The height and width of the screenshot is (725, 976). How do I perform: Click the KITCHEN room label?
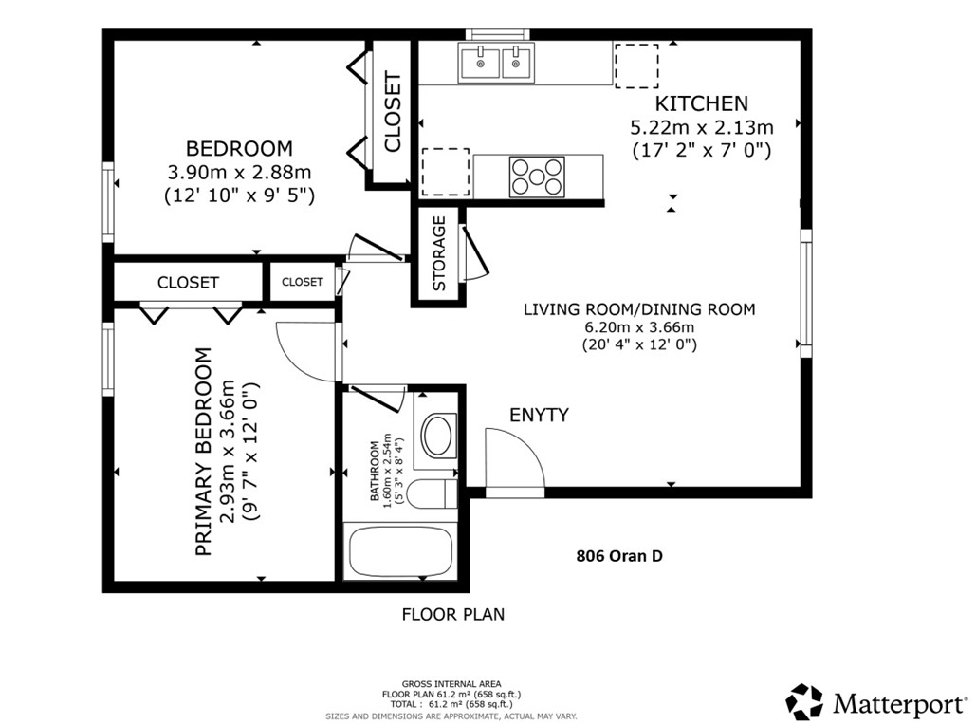tap(701, 103)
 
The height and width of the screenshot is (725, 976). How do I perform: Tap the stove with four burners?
tap(537, 176)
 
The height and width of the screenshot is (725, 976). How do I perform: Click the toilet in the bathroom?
tap(437, 494)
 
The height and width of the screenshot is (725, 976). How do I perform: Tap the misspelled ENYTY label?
tap(539, 415)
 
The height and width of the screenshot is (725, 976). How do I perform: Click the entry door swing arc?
tap(516, 461)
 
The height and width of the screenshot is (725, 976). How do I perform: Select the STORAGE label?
tap(439, 253)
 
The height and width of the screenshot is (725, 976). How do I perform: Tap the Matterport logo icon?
tap(804, 702)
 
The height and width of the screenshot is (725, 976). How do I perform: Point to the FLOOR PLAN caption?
tap(452, 614)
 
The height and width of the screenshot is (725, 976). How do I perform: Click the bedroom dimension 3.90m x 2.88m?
tap(239, 173)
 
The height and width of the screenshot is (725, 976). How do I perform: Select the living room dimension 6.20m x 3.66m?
tap(639, 327)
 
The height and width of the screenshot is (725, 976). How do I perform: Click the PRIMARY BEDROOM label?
tap(202, 452)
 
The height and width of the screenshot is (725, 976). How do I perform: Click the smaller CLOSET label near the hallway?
tap(302, 282)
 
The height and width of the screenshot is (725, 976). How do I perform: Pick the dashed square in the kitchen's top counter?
tap(633, 65)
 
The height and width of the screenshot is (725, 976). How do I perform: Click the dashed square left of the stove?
tap(445, 171)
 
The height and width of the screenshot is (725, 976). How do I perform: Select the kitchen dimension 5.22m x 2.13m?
tap(701, 127)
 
